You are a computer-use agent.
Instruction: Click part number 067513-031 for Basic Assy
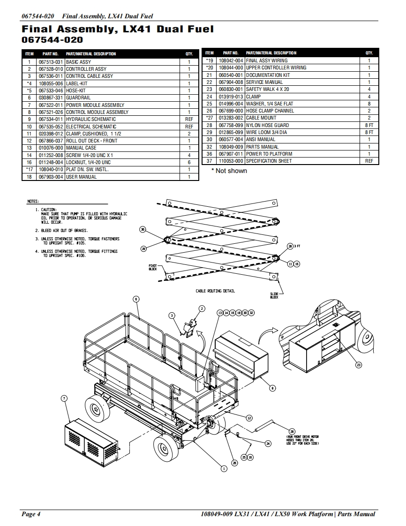50,62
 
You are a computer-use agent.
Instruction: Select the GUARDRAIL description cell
78,98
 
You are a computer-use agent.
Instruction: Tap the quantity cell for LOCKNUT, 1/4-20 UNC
189,162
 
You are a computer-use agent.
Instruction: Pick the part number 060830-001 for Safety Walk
231,89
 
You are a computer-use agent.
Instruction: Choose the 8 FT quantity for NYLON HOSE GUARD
369,125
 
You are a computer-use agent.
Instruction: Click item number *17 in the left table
29,169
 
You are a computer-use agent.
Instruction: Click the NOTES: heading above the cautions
33,201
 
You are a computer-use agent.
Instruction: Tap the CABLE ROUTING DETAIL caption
215,291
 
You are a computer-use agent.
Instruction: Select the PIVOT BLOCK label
153,267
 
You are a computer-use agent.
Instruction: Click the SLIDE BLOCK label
274,295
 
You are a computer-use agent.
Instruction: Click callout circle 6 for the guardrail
136,299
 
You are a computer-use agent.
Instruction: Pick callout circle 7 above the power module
64,398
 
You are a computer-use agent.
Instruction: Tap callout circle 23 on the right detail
359,364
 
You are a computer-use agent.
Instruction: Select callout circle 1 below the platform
224,467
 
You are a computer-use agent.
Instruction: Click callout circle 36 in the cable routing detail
143,229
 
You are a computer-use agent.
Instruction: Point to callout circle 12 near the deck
249,418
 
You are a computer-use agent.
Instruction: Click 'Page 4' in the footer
31,514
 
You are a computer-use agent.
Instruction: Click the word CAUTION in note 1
49,210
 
